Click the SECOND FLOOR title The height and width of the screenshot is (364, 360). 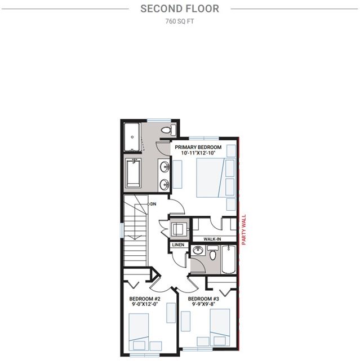pos(180,9)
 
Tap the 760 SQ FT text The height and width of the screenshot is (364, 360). pos(179,21)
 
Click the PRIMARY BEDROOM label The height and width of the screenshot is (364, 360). pos(198,147)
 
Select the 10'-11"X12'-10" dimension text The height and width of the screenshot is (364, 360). pos(198,153)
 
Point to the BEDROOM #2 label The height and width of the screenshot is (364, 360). pos(145,299)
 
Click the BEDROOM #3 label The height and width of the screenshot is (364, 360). pos(203,299)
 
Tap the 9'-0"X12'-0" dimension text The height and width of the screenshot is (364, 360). pos(145,304)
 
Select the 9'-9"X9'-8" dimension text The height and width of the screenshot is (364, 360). pos(203,304)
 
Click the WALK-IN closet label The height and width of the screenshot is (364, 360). pos(212,239)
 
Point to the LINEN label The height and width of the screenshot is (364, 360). pos(178,245)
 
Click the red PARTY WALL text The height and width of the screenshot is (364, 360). pos(244,229)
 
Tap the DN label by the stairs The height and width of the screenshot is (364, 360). pos(153,204)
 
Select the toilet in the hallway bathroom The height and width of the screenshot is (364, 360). pos(212,252)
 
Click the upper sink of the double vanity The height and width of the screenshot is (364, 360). pos(165,167)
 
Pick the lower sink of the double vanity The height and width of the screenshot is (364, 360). pos(165,185)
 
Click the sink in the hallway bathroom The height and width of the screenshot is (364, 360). pos(198,250)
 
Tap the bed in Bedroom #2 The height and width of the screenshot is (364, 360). pos(139,332)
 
